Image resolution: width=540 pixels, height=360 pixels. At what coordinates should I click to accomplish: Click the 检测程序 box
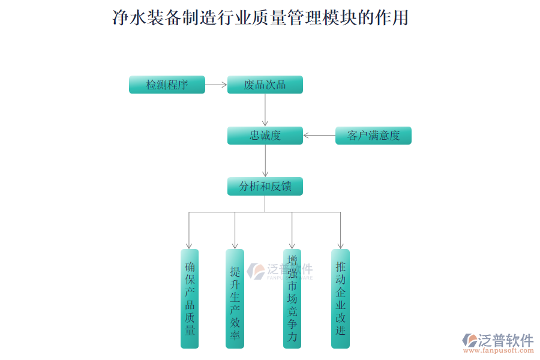[x=167, y=85]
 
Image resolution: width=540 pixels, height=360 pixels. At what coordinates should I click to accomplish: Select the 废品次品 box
[x=265, y=85]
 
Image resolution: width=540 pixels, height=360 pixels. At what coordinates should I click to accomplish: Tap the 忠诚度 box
[x=265, y=136]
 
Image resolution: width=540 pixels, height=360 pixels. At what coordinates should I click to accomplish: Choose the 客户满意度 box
[x=373, y=136]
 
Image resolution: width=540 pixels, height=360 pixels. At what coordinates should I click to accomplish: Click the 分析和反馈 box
[x=265, y=186]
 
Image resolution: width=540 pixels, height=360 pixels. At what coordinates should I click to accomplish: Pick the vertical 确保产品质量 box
[x=190, y=298]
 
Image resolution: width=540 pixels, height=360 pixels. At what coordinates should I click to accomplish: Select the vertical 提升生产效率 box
[x=235, y=298]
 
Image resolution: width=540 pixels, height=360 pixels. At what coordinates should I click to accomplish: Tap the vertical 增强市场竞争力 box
[x=292, y=298]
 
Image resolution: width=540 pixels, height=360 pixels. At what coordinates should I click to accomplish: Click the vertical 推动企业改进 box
[x=340, y=298]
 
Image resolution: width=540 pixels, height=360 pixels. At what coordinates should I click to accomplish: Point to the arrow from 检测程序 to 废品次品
[x=216, y=85]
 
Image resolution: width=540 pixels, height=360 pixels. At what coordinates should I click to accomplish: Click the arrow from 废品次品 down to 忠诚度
[x=265, y=110]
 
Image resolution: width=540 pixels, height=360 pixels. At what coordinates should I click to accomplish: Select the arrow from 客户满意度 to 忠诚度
[x=319, y=136]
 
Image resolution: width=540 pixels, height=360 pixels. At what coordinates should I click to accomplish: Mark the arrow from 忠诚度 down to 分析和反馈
[x=265, y=161]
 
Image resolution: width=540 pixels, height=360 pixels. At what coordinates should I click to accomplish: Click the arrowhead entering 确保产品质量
[x=189, y=245]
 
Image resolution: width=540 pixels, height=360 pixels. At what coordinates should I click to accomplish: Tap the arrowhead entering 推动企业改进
[x=340, y=245]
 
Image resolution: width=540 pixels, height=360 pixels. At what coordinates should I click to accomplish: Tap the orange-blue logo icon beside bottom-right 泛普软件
[x=469, y=340]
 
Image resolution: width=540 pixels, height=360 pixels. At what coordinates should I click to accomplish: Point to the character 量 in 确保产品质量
[x=190, y=331]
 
